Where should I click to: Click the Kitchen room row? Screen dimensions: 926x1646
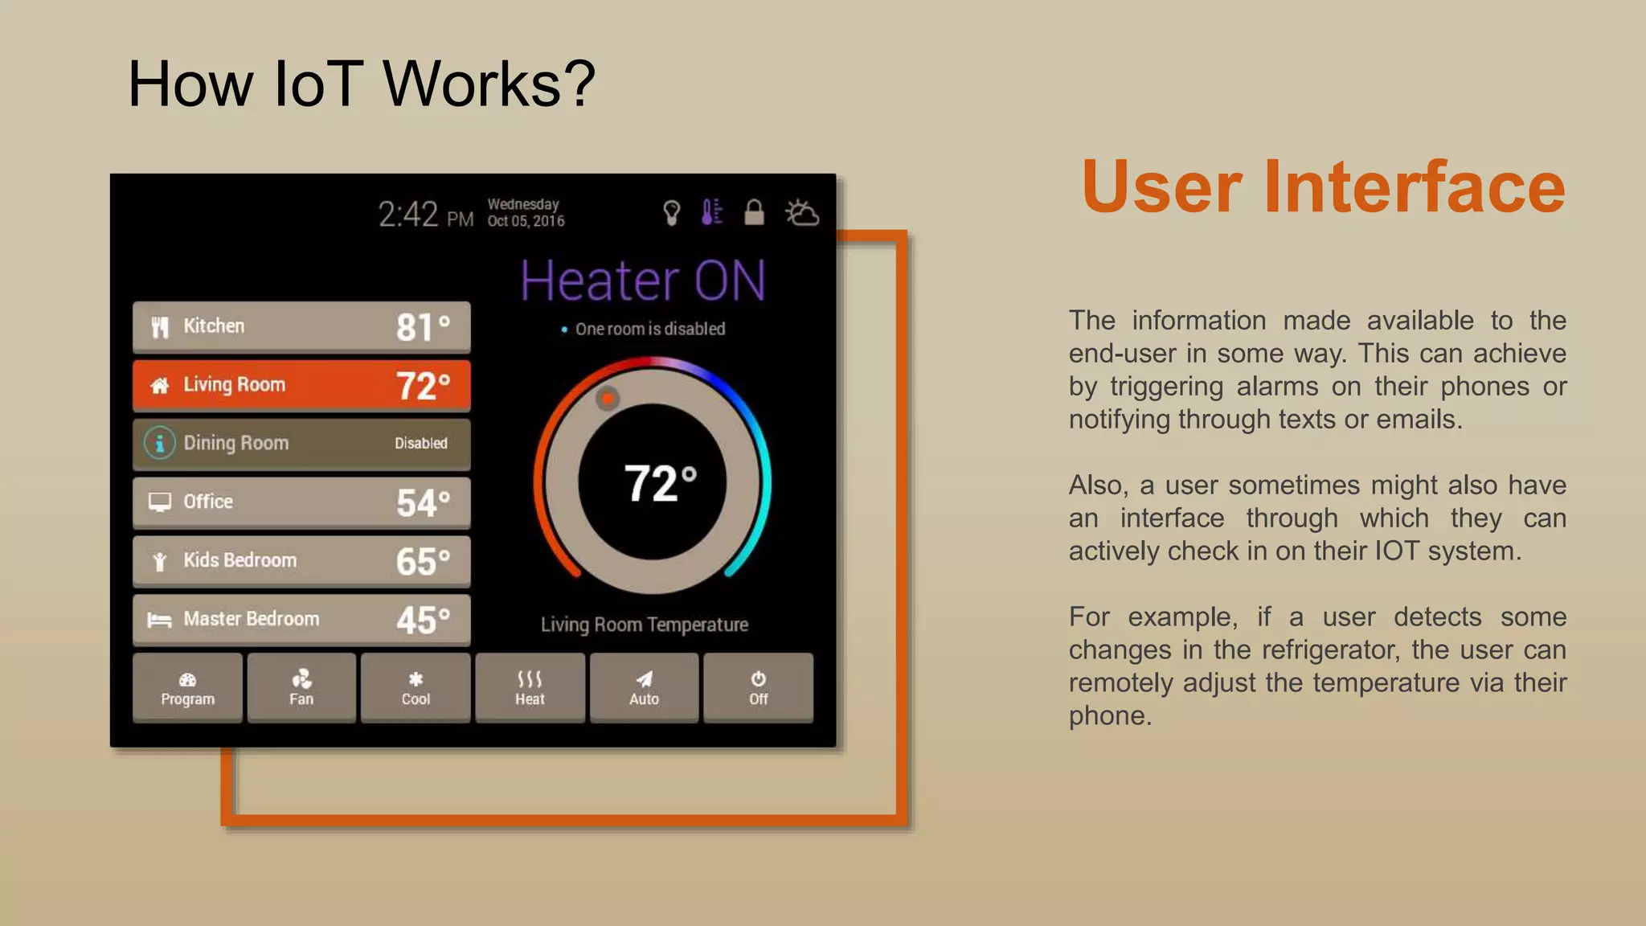(x=301, y=326)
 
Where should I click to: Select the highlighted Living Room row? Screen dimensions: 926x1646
(x=301, y=385)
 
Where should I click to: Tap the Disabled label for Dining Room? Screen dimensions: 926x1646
(x=420, y=443)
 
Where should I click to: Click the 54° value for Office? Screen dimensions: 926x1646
(x=423, y=503)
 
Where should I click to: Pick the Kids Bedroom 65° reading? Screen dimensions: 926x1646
(x=423, y=561)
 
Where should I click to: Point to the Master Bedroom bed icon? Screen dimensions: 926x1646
(x=159, y=620)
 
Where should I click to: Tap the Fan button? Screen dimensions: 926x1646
(x=301, y=688)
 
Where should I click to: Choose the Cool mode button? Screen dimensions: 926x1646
(x=416, y=688)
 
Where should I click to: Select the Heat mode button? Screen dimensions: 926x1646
(x=530, y=688)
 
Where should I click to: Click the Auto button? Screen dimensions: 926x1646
(x=644, y=688)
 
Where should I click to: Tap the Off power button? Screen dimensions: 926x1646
(x=758, y=688)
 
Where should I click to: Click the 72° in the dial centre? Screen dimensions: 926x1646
(x=660, y=483)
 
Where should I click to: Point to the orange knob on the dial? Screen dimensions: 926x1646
(x=608, y=398)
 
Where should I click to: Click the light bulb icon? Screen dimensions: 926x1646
(x=671, y=213)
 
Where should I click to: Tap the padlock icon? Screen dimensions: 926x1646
(x=754, y=212)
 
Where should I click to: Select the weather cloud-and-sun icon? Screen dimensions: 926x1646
(x=801, y=213)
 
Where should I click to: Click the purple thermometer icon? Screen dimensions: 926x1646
(x=711, y=212)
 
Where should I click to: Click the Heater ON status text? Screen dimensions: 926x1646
(x=643, y=281)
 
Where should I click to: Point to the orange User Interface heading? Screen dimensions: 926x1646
(x=1323, y=186)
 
